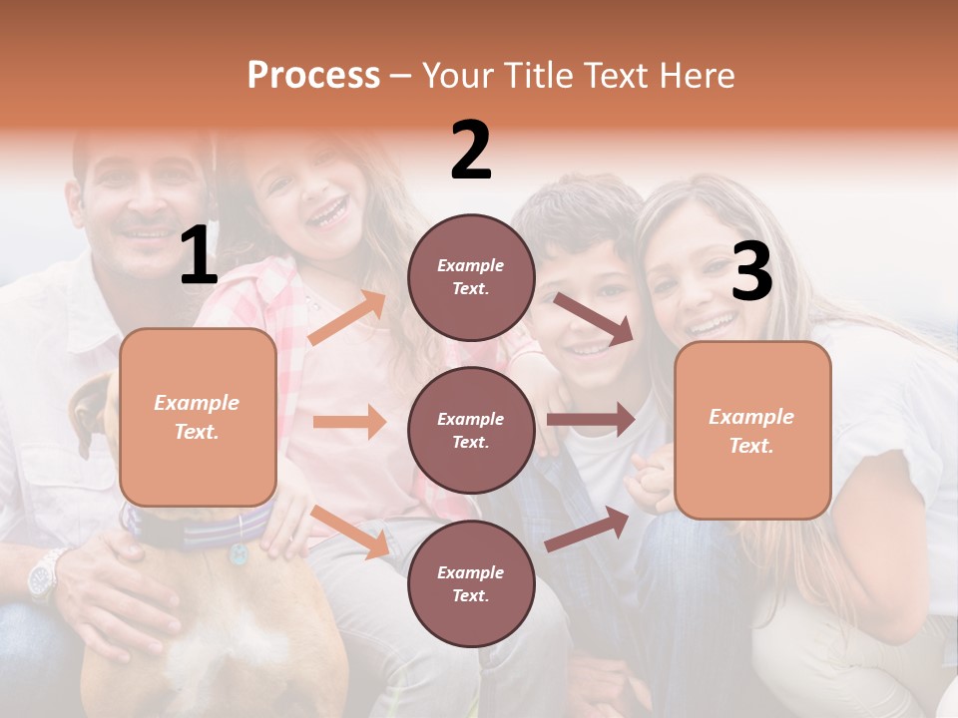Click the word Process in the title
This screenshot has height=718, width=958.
tap(313, 76)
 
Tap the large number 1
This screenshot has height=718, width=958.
tap(199, 255)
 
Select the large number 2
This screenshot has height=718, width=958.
tap(471, 151)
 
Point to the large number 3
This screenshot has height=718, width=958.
tap(751, 271)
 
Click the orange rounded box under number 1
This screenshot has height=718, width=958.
tap(198, 417)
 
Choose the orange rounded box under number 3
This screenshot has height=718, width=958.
tap(752, 431)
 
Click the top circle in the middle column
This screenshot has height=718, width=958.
tap(471, 277)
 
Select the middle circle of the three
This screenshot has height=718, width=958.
tap(471, 430)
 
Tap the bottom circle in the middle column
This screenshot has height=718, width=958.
tap(471, 583)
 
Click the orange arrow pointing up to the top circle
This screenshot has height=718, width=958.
tap(347, 318)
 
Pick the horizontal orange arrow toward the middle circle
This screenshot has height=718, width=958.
tap(349, 422)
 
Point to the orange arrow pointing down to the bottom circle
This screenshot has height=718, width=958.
tap(350, 531)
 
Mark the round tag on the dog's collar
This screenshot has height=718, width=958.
tap(239, 553)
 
